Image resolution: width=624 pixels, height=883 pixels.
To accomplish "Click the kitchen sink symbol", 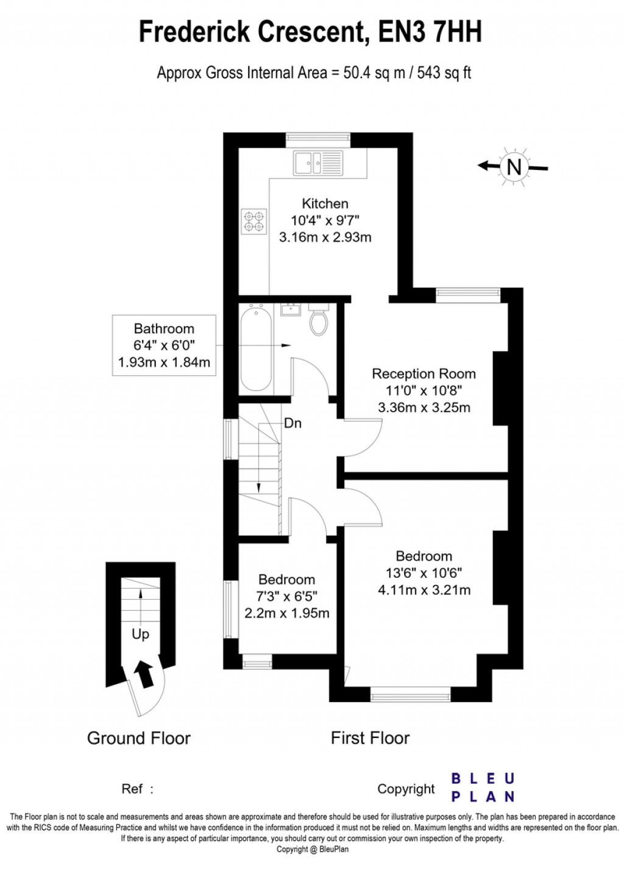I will tap(318, 163).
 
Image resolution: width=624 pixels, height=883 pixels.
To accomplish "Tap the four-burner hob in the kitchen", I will tap(254, 221).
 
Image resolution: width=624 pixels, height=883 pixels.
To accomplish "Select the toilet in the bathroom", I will tap(319, 321).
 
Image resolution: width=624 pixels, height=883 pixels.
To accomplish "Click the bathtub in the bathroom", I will tap(256, 350).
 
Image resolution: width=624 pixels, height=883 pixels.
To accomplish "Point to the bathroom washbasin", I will tap(291, 309).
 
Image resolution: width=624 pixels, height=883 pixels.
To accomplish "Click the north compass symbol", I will tap(514, 166).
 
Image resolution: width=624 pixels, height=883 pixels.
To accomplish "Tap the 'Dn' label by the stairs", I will tap(292, 423).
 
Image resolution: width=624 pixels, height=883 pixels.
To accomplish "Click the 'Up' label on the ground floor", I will tap(140, 634).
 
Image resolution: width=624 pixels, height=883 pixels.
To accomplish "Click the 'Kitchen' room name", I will tap(325, 204).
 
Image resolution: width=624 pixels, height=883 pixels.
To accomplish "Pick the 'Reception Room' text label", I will tap(424, 374).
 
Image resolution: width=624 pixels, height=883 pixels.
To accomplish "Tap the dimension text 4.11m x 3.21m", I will tap(424, 590).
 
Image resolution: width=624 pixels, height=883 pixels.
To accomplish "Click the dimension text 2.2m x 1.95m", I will tap(286, 613).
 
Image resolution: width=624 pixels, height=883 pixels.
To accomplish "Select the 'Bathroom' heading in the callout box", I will tap(164, 328).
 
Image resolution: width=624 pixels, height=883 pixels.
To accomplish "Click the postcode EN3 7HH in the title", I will tap(430, 32).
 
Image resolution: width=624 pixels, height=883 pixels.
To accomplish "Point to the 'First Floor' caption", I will tap(370, 738).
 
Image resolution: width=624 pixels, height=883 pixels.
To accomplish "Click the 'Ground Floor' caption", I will tap(139, 738).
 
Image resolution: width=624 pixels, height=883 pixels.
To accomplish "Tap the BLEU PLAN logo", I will tap(483, 787).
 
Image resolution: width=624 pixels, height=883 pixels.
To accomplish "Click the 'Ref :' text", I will tap(138, 789).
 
